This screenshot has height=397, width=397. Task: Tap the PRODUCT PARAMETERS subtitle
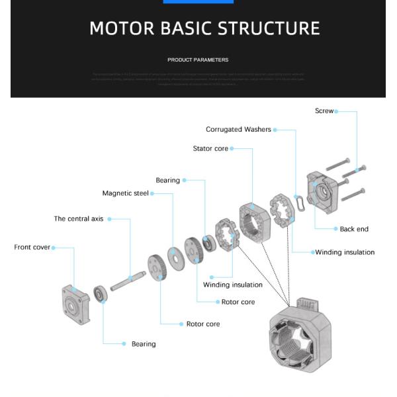click(198, 60)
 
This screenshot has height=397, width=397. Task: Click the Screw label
click(324, 111)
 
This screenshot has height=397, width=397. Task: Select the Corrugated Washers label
click(238, 130)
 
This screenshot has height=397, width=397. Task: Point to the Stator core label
click(210, 149)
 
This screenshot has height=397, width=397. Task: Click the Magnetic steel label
click(125, 194)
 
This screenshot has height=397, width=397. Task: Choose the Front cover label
click(32, 247)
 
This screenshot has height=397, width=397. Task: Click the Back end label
click(354, 229)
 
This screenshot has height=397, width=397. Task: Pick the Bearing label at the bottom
click(144, 344)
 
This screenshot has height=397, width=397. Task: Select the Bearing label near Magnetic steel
click(167, 181)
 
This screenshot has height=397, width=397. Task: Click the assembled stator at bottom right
click(298, 337)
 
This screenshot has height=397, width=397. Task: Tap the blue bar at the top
click(198, 1)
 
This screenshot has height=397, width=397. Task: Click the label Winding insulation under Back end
click(344, 252)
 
